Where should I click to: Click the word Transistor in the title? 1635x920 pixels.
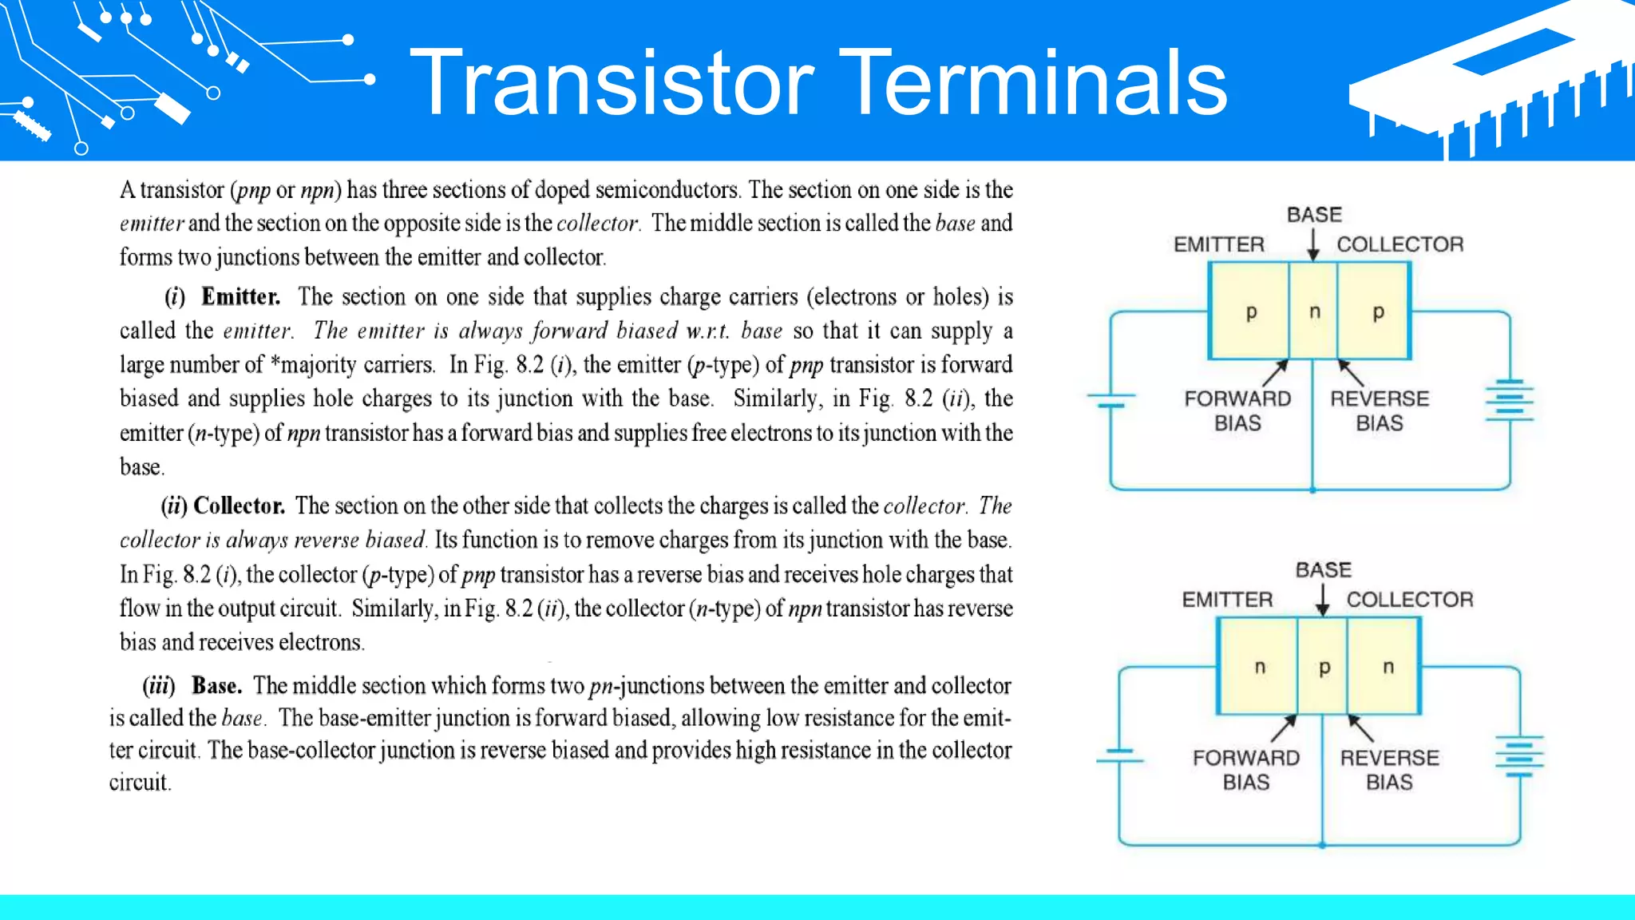[x=612, y=83]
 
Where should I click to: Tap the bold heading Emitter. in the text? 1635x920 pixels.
[x=240, y=297]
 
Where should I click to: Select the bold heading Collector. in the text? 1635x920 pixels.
[x=239, y=506]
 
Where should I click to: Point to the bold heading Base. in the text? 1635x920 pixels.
[x=216, y=686]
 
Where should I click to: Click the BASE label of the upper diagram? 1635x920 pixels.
[x=1314, y=215]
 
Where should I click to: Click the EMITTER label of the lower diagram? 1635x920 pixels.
[x=1227, y=600]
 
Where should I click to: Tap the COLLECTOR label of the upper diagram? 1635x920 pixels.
[x=1399, y=244]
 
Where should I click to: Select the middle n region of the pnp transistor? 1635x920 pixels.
[x=1314, y=311]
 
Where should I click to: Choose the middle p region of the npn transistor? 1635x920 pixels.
[x=1324, y=667]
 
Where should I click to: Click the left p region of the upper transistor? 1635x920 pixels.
[x=1251, y=311]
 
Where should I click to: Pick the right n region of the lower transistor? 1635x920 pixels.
[x=1388, y=667]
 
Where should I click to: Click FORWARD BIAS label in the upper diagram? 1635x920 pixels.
[x=1237, y=410]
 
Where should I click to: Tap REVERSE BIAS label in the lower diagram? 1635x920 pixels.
[x=1389, y=770]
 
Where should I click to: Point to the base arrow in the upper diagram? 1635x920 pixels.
[x=1313, y=244]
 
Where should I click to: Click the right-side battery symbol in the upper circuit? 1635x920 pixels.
[x=1509, y=400]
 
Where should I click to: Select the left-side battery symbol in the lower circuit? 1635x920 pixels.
[x=1119, y=755]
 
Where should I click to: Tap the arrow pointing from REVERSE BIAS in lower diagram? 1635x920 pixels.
[x=1360, y=728]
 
